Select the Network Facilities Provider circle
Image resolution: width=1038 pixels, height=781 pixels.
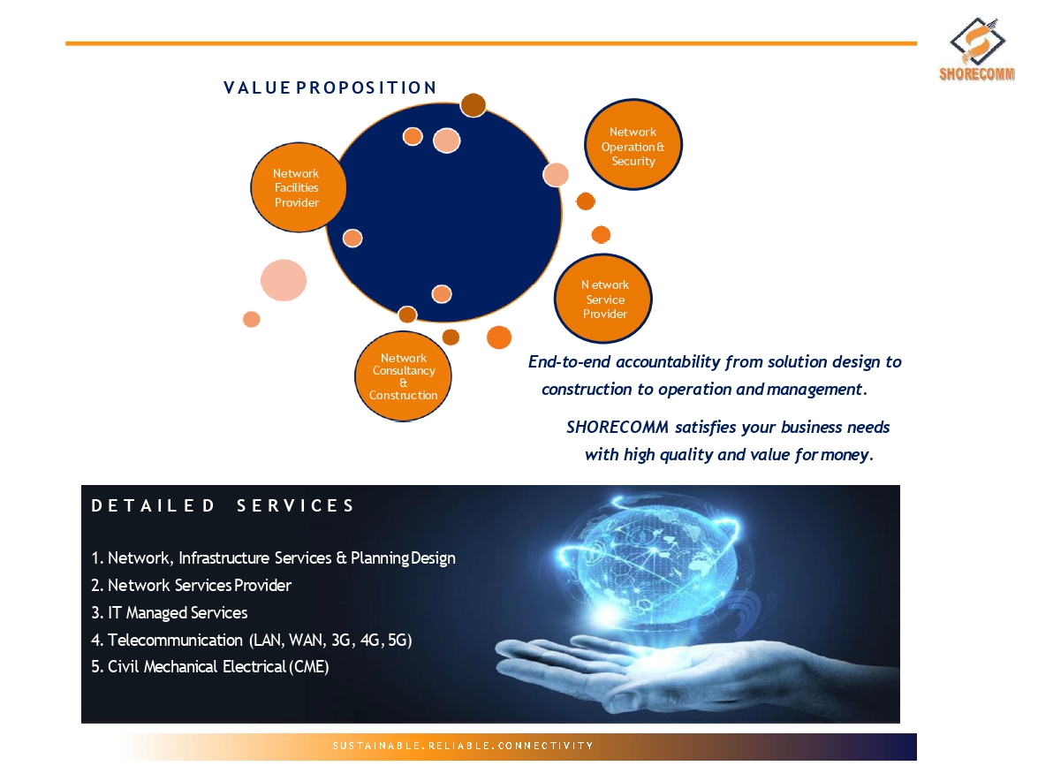tap(298, 187)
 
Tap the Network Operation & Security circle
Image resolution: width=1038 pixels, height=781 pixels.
tap(633, 145)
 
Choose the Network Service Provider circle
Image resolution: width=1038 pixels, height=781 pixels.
tap(603, 299)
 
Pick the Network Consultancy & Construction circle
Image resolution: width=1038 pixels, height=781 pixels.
tap(403, 376)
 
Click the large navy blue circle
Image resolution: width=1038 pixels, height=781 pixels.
tap(444, 212)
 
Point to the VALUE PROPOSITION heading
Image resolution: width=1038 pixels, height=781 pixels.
tap(330, 88)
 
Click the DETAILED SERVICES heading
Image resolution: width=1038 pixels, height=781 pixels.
tap(224, 506)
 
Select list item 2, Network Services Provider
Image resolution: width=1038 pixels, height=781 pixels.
tap(192, 586)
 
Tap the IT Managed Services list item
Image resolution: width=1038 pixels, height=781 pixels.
tap(170, 613)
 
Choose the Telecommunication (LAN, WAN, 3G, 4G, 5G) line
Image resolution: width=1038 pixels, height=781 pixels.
tap(252, 640)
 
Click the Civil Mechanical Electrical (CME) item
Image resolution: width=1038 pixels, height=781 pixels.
tap(210, 666)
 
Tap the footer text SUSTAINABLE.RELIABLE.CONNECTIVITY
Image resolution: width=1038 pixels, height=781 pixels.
tap(463, 746)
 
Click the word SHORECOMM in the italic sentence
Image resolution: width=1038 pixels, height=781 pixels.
tap(617, 428)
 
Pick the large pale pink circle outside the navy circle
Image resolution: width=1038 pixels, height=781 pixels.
tap(284, 280)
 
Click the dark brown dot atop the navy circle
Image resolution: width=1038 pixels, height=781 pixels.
tap(474, 104)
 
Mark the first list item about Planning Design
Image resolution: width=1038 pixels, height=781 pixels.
tap(273, 558)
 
